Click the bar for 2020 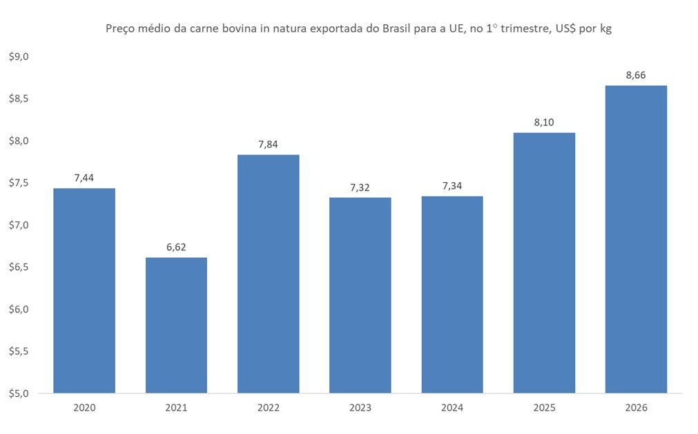84,290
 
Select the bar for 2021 176,325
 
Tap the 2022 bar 268,274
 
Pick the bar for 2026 636,239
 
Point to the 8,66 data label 636,75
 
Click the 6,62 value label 176,247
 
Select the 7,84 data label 268,144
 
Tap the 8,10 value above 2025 544,122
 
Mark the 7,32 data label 360,187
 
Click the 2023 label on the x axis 360,408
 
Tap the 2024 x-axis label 452,408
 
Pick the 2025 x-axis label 544,408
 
